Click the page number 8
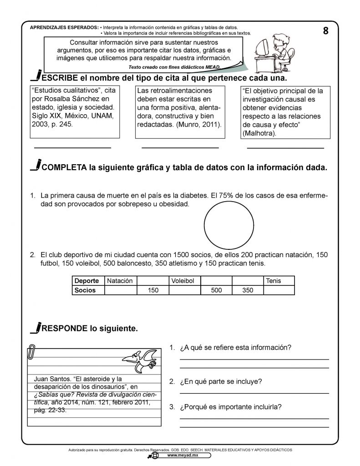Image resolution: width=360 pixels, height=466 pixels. point(325,31)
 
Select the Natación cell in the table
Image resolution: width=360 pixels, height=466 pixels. point(120,281)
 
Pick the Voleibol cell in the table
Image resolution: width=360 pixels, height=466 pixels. point(184,281)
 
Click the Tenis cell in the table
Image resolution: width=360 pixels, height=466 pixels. point(279,281)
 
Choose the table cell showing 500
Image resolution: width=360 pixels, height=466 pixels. point(216,290)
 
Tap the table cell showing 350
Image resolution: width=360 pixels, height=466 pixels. point(248,290)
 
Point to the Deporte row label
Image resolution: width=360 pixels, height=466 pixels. point(88,281)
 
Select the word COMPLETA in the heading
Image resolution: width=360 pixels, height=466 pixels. point(64,167)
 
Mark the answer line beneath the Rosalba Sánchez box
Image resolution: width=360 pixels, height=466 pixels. point(72,147)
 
